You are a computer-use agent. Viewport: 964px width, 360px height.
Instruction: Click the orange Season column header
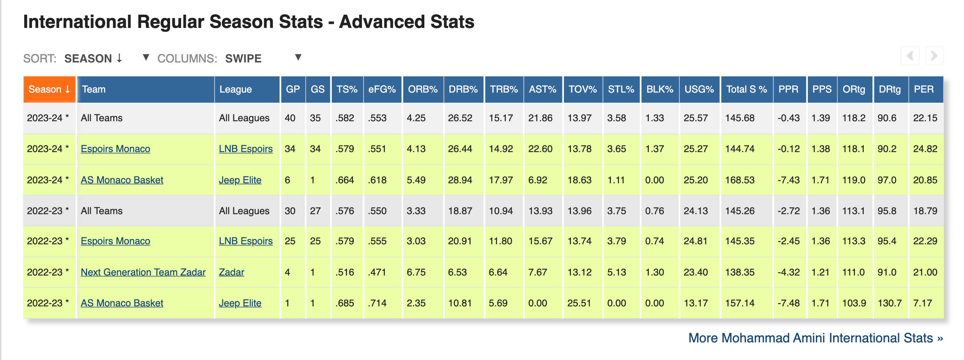pos(49,89)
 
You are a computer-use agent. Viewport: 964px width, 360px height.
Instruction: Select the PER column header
pos(925,89)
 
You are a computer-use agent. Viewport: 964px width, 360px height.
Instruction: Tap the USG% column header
pos(699,89)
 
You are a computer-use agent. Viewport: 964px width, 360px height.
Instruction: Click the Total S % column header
pos(747,89)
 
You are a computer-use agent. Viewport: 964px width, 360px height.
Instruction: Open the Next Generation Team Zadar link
pos(143,272)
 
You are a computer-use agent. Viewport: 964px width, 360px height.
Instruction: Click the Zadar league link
pos(231,272)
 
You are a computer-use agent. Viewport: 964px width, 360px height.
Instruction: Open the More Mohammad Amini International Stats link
pos(816,338)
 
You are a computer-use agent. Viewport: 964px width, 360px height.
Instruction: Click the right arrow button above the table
pos(934,56)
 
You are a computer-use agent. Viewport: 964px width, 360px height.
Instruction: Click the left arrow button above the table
pos(910,56)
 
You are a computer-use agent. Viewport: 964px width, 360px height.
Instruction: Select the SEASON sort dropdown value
pos(93,58)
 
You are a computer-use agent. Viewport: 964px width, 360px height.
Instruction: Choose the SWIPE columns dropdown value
pos(243,58)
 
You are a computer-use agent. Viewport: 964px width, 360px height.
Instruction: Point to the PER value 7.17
pos(922,303)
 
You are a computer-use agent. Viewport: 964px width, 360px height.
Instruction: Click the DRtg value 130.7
pos(889,303)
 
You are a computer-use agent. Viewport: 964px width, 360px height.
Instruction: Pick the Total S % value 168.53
pos(740,180)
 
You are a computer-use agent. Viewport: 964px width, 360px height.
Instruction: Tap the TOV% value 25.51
pos(579,303)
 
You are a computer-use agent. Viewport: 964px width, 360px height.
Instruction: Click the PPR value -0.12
pos(788,149)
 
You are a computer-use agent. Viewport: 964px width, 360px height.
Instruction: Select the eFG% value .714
pos(377,303)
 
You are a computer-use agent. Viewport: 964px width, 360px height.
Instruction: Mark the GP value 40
pos(290,118)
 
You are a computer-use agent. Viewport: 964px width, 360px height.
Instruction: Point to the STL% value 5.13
pos(616,272)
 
